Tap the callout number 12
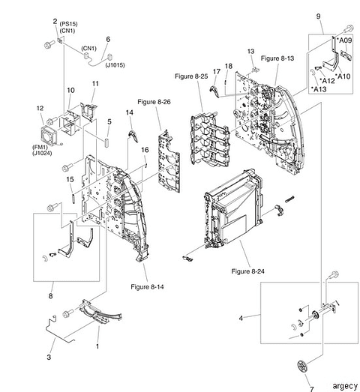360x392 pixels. pyautogui.click(x=40, y=109)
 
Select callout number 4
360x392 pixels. pyautogui.click(x=240, y=317)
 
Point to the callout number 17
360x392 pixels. pyautogui.click(x=216, y=72)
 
